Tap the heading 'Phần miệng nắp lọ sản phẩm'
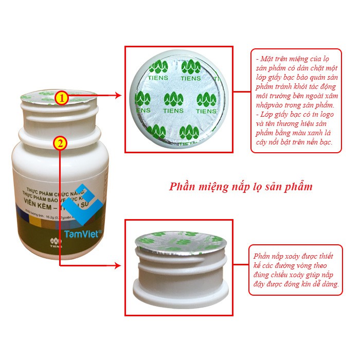click(241, 186)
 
